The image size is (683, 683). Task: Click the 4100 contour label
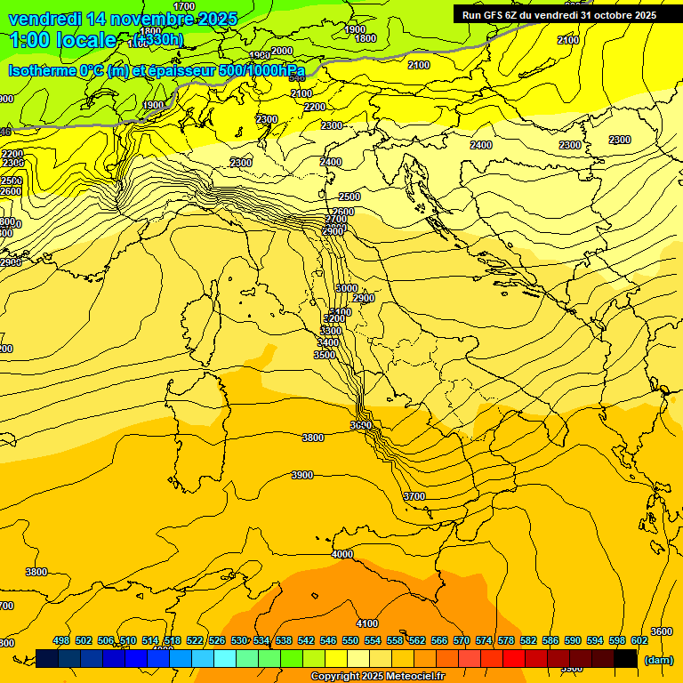[366, 623]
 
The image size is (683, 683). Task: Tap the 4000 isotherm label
[341, 554]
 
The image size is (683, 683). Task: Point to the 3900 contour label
[302, 475]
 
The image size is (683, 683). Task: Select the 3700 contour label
[414, 496]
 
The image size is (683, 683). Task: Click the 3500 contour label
[325, 355]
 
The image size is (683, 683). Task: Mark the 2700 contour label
[336, 219]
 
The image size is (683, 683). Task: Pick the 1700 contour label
[184, 6]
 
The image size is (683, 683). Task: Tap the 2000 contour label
[282, 51]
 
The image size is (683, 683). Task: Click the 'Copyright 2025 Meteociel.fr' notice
[377, 677]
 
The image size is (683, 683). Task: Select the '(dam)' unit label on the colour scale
[658, 660]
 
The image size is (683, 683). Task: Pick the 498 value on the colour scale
[61, 640]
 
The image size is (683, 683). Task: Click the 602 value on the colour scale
[639, 640]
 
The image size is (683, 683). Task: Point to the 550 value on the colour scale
[350, 640]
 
